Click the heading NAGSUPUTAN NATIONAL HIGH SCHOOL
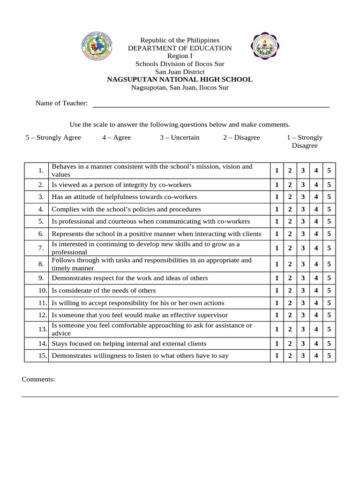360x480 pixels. (180, 80)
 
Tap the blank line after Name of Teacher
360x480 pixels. (211, 104)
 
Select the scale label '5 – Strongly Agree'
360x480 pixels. (53, 137)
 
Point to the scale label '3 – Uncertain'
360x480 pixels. (180, 137)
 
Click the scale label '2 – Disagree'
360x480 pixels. (241, 137)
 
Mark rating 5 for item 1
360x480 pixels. (329, 171)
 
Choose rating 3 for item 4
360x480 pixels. (303, 210)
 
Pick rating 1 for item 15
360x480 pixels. (277, 356)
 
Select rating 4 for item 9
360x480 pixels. (316, 278)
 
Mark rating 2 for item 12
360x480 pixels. (290, 315)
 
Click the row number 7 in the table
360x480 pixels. (41, 248)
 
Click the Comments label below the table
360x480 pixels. (38, 379)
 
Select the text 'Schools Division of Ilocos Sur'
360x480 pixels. (180, 64)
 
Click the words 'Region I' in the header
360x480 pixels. (180, 56)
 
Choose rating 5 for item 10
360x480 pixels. (329, 291)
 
